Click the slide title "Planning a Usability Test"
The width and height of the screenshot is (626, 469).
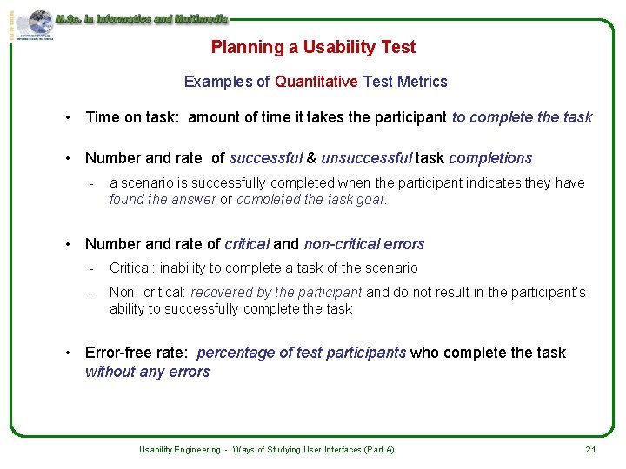(x=313, y=48)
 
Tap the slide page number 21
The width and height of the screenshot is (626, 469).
(x=590, y=449)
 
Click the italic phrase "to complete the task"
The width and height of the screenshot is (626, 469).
(x=522, y=117)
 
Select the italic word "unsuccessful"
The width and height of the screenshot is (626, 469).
(x=366, y=158)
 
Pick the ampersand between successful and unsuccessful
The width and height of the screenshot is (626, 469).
(x=311, y=158)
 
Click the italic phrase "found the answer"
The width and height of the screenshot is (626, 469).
(x=163, y=199)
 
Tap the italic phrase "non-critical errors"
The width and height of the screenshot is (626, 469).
(x=363, y=244)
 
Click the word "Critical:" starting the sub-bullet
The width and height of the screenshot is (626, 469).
(x=133, y=268)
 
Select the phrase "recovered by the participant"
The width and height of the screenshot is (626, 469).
(x=276, y=293)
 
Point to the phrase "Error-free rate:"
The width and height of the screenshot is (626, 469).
(x=137, y=353)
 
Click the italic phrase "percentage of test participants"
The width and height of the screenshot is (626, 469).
(x=301, y=353)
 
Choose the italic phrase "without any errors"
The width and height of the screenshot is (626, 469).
(x=147, y=372)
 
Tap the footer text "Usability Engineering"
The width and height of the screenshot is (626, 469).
(x=179, y=450)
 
